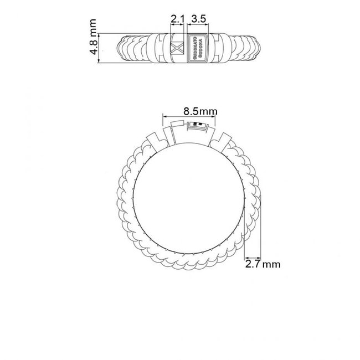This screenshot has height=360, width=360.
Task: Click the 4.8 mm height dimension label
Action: click(92, 40)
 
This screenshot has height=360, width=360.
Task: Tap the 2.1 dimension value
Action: click(177, 19)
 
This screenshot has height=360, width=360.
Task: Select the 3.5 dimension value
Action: click(198, 19)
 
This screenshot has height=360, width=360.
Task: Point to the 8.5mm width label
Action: click(188, 110)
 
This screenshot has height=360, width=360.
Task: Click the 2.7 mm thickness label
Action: click(263, 264)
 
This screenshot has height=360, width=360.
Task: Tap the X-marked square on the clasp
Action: click(178, 47)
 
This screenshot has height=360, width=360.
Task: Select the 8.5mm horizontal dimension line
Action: click(188, 116)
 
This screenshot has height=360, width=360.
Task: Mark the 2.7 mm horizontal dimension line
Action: click(253, 258)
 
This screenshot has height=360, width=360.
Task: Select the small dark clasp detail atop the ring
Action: click(195, 125)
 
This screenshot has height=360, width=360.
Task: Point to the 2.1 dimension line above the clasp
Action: click(177, 25)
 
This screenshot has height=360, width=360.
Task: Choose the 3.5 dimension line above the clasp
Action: click(198, 25)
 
